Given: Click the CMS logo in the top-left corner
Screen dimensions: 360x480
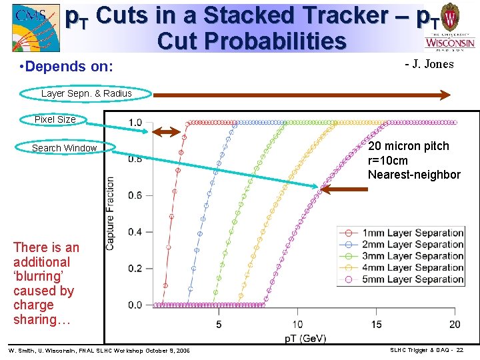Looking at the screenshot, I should tap(31, 27).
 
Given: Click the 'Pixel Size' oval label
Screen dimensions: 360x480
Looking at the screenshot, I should tap(55, 119).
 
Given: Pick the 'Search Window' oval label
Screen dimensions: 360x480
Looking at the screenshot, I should tap(65, 148).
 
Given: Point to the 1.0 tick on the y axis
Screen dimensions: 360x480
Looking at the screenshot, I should tap(135, 123).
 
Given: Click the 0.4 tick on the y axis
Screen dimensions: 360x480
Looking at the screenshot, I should tap(135, 232).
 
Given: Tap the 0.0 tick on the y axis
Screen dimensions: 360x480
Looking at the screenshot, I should tap(135, 305).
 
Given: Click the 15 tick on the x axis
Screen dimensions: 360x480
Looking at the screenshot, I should tap(376, 324).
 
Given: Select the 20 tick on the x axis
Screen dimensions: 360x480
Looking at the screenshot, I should tap(455, 324).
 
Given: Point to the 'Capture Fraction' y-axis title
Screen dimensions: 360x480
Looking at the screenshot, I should tap(111, 213).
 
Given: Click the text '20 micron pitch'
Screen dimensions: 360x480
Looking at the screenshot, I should tap(409, 146).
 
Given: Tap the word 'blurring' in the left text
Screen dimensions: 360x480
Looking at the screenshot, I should tap(41, 277).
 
